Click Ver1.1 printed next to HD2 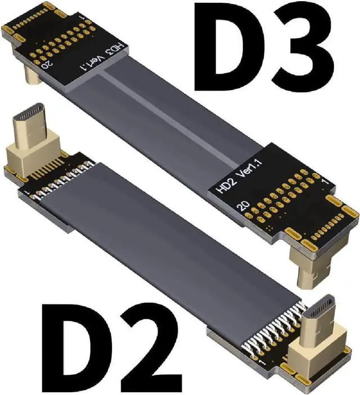[250, 168]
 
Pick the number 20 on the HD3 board [47, 64]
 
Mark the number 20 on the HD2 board [244, 205]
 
